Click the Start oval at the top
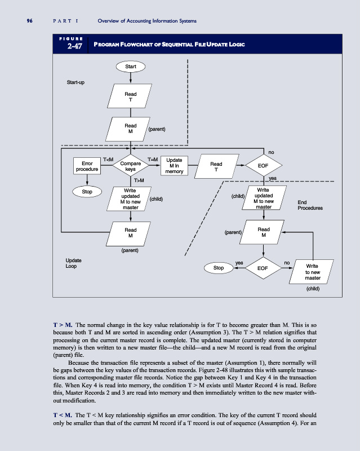tap(130, 66)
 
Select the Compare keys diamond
tap(130, 164)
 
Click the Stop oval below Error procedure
tap(87, 192)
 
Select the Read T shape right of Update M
tap(216, 167)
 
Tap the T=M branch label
tap(152, 160)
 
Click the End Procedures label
tap(309, 205)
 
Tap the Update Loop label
tap(74, 263)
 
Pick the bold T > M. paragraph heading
tap(62, 325)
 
